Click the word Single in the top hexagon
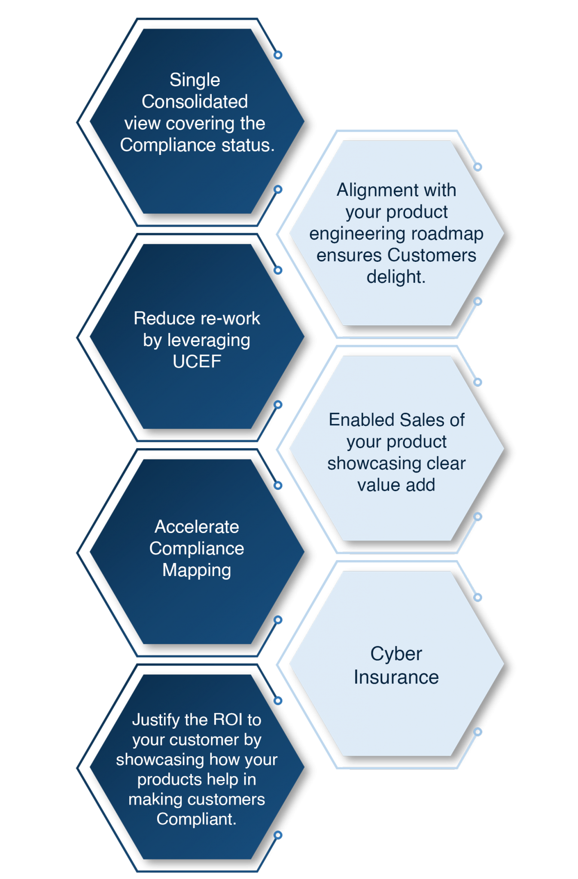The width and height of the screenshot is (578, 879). click(195, 80)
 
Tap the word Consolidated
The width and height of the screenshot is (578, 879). click(195, 102)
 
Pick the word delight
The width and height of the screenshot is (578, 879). click(395, 277)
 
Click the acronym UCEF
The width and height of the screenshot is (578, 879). click(197, 361)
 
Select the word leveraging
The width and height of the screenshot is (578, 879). click(209, 340)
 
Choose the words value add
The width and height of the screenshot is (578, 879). click(396, 485)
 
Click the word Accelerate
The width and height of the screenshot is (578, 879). click(197, 527)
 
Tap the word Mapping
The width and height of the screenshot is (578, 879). click(197, 570)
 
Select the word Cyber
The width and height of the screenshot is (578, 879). click(396, 654)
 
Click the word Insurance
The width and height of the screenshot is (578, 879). click(396, 677)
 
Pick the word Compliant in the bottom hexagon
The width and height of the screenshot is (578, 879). click(196, 819)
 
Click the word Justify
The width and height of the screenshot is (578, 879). click(156, 720)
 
